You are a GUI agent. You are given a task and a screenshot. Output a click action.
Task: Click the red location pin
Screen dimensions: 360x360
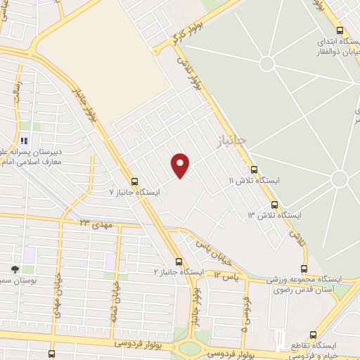(181, 165)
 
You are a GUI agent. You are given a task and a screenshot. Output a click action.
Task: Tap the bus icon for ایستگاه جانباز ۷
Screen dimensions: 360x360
(134, 180)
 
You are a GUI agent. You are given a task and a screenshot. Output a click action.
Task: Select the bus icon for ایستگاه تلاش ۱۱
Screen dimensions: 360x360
(254, 169)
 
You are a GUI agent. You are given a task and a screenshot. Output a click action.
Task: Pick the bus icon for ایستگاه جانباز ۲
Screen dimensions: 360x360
(179, 260)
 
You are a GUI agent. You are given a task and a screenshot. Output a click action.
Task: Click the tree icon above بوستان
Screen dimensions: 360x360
(15, 269)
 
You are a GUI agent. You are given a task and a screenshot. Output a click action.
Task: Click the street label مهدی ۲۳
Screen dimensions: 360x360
(96, 223)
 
